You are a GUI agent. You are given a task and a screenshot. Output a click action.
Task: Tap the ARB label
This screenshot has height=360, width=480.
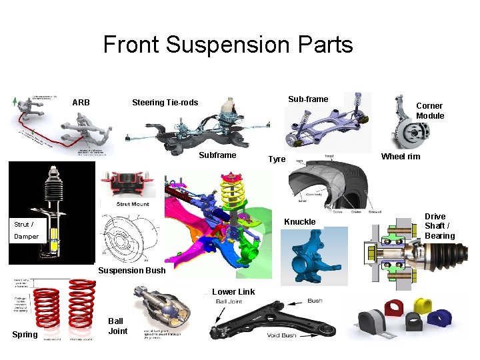[x=81, y=103]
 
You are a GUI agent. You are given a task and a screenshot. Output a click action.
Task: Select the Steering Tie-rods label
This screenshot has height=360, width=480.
[x=165, y=103]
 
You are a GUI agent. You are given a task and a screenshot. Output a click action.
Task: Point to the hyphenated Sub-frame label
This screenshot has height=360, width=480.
[x=308, y=99]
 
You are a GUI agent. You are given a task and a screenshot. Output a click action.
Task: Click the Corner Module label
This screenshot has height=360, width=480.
[x=430, y=111]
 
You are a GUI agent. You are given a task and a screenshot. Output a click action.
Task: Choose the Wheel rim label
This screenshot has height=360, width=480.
[x=400, y=157]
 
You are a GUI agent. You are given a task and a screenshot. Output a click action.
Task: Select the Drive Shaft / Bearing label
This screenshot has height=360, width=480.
[x=439, y=226]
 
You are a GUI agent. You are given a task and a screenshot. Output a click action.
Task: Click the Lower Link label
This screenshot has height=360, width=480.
[x=233, y=291]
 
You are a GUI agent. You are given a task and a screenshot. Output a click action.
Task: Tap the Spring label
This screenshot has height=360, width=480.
[x=25, y=335]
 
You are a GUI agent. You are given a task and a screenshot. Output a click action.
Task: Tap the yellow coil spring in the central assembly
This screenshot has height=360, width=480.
[x=233, y=190]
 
